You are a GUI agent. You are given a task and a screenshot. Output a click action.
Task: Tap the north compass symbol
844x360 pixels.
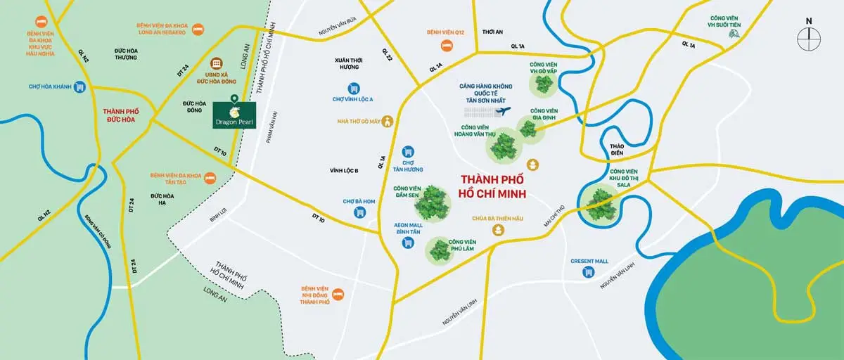(810, 36)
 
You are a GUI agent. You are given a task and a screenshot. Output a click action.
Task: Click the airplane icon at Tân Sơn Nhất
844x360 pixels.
(505, 111)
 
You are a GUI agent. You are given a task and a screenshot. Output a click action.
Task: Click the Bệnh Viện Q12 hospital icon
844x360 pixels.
(445, 45)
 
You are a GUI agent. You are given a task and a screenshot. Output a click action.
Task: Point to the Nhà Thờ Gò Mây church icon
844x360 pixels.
(387, 122)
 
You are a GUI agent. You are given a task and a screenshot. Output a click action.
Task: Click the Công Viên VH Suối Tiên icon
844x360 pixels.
(735, 33)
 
